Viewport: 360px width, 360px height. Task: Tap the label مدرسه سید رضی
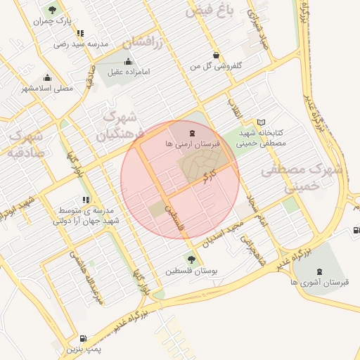tap(83, 44)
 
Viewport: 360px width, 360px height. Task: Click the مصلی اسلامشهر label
tap(47, 89)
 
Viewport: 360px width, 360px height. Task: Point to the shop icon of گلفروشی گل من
tap(215, 55)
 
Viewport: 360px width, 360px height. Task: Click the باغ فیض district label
tap(210, 11)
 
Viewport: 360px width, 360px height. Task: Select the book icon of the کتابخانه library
tap(262, 122)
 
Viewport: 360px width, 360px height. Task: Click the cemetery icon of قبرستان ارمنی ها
tap(192, 132)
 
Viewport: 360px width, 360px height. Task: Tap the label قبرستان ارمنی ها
tap(192, 143)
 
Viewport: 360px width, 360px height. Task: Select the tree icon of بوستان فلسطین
tap(191, 259)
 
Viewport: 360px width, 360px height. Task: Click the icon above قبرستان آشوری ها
tap(320, 271)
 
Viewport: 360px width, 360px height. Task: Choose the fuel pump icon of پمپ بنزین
tap(85, 338)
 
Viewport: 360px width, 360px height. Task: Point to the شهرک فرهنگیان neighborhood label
tap(123, 127)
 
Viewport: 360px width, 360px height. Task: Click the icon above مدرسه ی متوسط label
tap(86, 200)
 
